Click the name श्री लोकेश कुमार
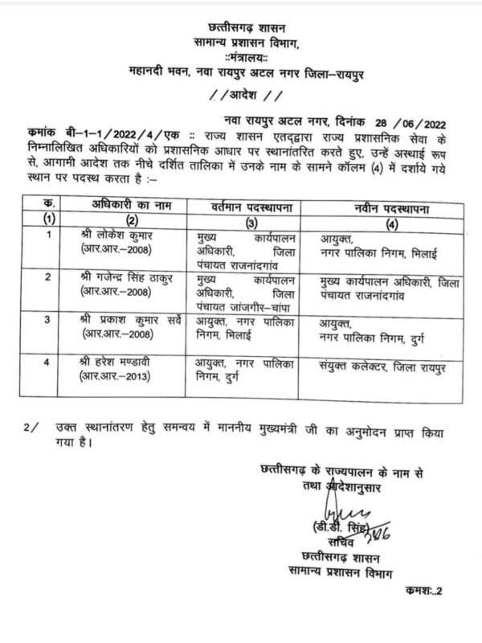coord(128,237)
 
